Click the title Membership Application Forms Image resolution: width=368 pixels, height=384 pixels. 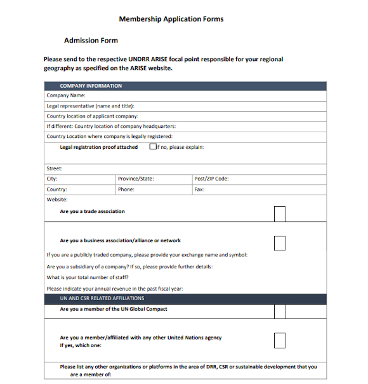click(x=171, y=19)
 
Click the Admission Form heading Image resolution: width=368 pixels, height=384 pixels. click(x=91, y=40)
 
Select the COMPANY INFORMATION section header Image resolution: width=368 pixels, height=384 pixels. click(x=91, y=86)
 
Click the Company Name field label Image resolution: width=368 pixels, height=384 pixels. click(x=66, y=95)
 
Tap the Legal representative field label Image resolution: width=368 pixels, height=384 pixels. click(x=90, y=106)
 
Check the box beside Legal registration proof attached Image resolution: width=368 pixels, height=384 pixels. click(x=153, y=146)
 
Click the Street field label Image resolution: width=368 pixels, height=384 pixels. click(x=55, y=168)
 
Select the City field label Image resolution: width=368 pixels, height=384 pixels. click(x=52, y=179)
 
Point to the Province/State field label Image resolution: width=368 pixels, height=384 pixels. click(x=136, y=179)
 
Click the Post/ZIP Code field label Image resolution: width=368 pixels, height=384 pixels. click(x=211, y=179)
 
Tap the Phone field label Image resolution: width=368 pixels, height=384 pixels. click(x=126, y=189)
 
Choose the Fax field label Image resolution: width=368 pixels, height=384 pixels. click(x=199, y=189)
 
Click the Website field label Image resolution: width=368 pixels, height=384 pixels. click(x=57, y=200)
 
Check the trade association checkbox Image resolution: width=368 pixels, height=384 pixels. click(x=279, y=214)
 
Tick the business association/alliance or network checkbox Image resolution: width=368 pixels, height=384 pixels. click(x=279, y=243)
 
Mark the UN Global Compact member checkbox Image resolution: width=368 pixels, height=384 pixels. click(x=279, y=311)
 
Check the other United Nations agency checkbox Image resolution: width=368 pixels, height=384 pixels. click(x=279, y=341)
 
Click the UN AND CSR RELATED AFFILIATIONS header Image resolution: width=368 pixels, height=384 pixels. click(x=102, y=298)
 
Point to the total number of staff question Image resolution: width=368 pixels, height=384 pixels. click(x=88, y=277)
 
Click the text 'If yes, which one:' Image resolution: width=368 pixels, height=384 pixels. click(x=81, y=345)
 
